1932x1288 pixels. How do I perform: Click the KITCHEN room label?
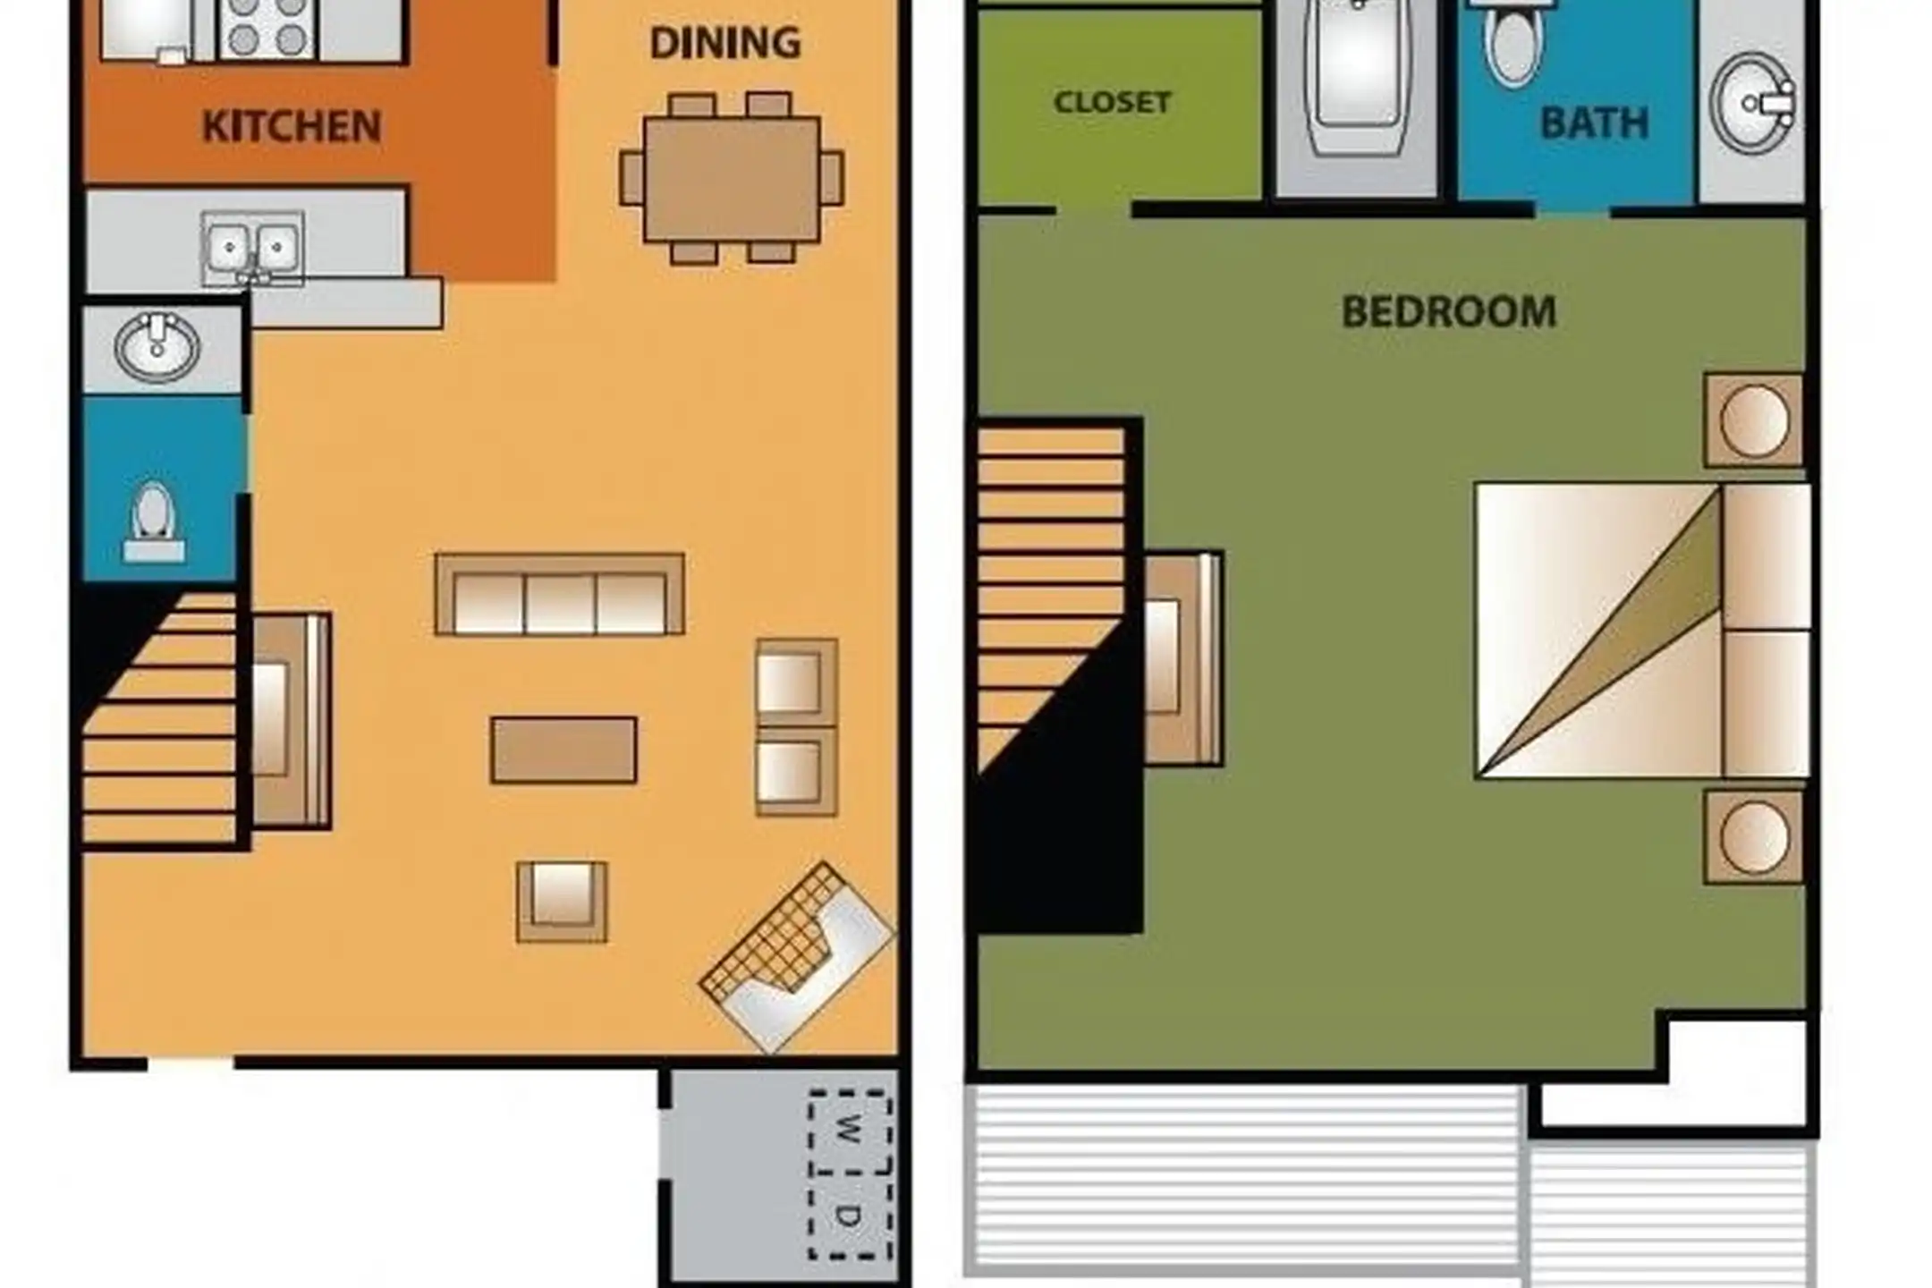(x=292, y=126)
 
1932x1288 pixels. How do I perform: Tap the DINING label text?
(x=724, y=43)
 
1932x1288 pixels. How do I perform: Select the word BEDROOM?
(x=1449, y=312)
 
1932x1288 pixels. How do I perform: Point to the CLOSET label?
(x=1113, y=102)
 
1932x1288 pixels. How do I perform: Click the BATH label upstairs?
(x=1594, y=123)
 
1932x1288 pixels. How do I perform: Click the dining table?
(x=732, y=178)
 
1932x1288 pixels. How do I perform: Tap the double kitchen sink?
(x=252, y=248)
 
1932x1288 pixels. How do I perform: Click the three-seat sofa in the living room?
(x=560, y=595)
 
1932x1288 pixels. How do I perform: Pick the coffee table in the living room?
(x=563, y=750)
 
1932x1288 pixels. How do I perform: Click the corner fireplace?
(x=796, y=958)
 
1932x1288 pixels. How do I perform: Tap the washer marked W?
(x=850, y=1131)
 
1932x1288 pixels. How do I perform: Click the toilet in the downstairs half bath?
(x=154, y=522)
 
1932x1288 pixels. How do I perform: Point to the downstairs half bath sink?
(x=157, y=347)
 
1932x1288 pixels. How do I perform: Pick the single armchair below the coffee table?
(x=562, y=902)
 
